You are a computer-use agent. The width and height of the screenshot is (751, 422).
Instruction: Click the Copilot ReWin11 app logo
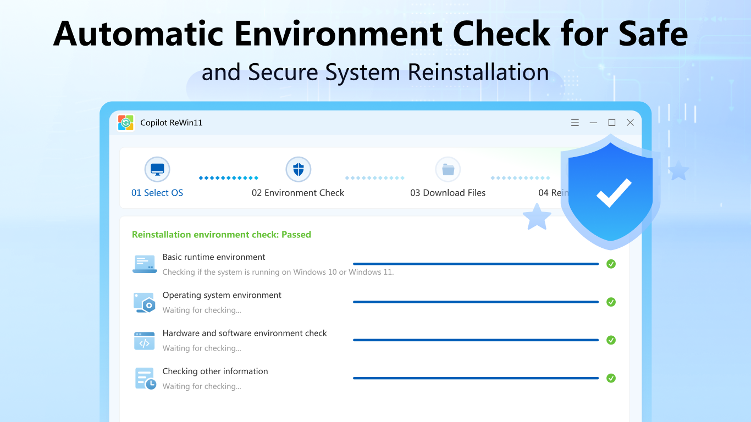point(126,123)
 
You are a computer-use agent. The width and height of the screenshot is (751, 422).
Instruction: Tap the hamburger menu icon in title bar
point(575,123)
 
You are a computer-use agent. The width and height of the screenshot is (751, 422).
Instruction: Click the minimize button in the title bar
point(593,123)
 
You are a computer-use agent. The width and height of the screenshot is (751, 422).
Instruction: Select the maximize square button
point(611,123)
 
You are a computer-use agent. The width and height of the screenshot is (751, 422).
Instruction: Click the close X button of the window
point(630,123)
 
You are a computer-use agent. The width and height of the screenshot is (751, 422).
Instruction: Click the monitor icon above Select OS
point(157,169)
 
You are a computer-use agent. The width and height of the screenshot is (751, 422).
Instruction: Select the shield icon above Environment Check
point(299,169)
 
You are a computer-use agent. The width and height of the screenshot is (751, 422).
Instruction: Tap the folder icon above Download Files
point(448,169)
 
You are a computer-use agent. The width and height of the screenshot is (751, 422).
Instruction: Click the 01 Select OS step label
point(157,193)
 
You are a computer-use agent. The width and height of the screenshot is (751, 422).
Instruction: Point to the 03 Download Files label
point(448,193)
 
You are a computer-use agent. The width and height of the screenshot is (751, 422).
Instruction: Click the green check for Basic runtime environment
point(611,264)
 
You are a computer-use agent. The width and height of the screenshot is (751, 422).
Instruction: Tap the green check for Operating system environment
point(611,302)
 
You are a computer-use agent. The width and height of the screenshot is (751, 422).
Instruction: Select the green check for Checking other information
point(611,378)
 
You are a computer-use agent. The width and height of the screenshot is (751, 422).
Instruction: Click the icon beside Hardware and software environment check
point(144,341)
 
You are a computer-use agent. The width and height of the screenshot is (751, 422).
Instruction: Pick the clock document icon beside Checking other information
point(145,379)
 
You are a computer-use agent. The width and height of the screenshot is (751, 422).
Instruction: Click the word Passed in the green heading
point(296,235)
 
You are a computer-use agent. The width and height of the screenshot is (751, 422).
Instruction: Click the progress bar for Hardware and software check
point(476,340)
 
